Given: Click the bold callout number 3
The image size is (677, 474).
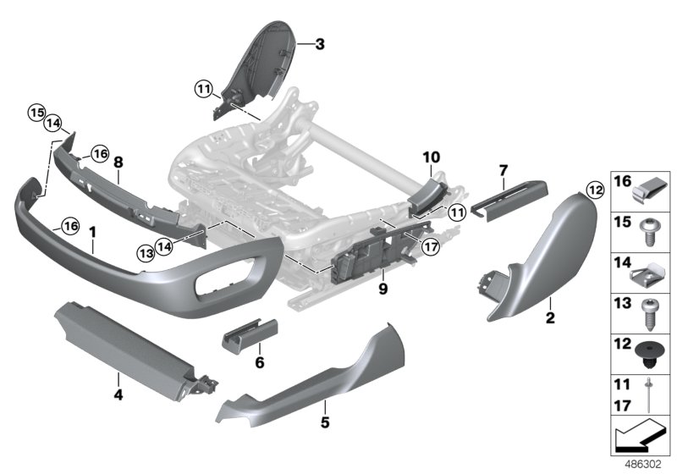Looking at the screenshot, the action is click(x=320, y=44).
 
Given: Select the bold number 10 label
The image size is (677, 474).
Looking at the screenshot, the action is click(x=432, y=157).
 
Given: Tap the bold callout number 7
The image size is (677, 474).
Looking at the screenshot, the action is click(x=504, y=170).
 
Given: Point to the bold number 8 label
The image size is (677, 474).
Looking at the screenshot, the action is click(x=118, y=163).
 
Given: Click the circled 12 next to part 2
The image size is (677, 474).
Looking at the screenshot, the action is click(x=596, y=190).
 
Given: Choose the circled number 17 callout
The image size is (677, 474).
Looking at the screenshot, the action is click(x=430, y=247).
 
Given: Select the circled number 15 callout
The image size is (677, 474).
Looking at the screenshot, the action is click(x=36, y=113).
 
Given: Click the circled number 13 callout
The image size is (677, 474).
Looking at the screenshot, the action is click(x=146, y=252).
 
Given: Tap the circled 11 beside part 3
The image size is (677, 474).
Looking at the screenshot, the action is click(x=203, y=90).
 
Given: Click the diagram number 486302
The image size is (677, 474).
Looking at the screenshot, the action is click(x=643, y=465).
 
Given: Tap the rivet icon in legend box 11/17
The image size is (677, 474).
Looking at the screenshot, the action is click(x=648, y=394).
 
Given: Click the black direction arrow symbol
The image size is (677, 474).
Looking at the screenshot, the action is click(x=639, y=436).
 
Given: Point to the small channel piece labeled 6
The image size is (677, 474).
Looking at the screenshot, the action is click(x=250, y=335).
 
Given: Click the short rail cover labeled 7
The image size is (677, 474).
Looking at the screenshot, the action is click(x=509, y=200).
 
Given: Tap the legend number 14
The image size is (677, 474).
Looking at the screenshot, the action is click(x=622, y=262).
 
